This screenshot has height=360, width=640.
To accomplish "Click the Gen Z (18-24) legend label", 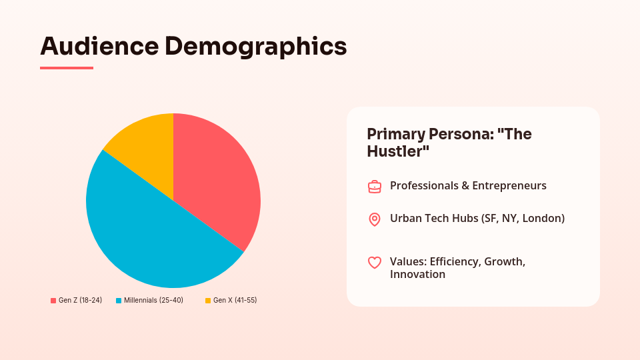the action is coord(81,300).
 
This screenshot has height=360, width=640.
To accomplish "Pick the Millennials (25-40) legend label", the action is coord(153,300).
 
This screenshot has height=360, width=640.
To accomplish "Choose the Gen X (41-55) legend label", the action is coord(235,300).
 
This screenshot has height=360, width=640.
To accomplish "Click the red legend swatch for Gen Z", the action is coord(53,301).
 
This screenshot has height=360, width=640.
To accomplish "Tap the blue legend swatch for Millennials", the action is coord(119,301).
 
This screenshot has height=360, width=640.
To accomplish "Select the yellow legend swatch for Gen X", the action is coord(208,301).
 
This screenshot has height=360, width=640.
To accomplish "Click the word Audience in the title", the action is coord(99,46).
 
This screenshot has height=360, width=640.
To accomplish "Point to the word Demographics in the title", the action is coord(256,47).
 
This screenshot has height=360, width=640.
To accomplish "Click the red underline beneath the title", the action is coord(67,68).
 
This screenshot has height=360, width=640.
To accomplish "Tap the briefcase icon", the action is coord(375,187).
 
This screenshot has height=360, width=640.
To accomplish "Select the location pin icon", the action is coord(375,219).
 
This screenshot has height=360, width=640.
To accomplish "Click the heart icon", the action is coord(375,263).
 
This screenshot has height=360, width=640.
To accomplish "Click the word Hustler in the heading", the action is coord(395,151).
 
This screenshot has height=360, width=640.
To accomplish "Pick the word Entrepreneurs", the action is coord(509,186).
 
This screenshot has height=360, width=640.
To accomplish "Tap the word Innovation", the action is coord(417,274).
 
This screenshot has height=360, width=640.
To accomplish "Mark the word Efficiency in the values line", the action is coord(455,261).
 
